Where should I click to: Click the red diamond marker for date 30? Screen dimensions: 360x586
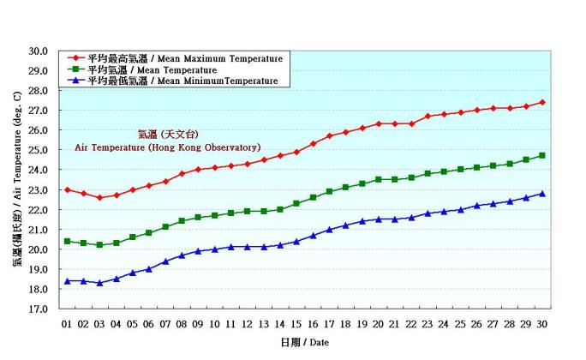click(542, 102)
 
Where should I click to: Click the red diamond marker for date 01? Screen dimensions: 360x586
click(67, 189)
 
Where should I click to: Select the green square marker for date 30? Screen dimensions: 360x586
click(542, 155)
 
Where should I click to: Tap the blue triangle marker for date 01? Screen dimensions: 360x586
click(67, 280)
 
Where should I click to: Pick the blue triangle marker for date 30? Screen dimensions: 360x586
click(542, 194)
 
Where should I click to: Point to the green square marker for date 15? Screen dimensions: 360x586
click(296, 203)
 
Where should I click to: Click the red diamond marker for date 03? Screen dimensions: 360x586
click(99, 197)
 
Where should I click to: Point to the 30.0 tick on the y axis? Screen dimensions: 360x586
click(37, 51)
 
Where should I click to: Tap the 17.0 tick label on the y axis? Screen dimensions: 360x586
click(37, 309)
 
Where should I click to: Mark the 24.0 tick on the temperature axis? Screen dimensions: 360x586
click(37, 170)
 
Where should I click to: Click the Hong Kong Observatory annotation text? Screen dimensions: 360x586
click(168, 147)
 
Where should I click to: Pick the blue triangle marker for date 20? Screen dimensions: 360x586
click(378, 219)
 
